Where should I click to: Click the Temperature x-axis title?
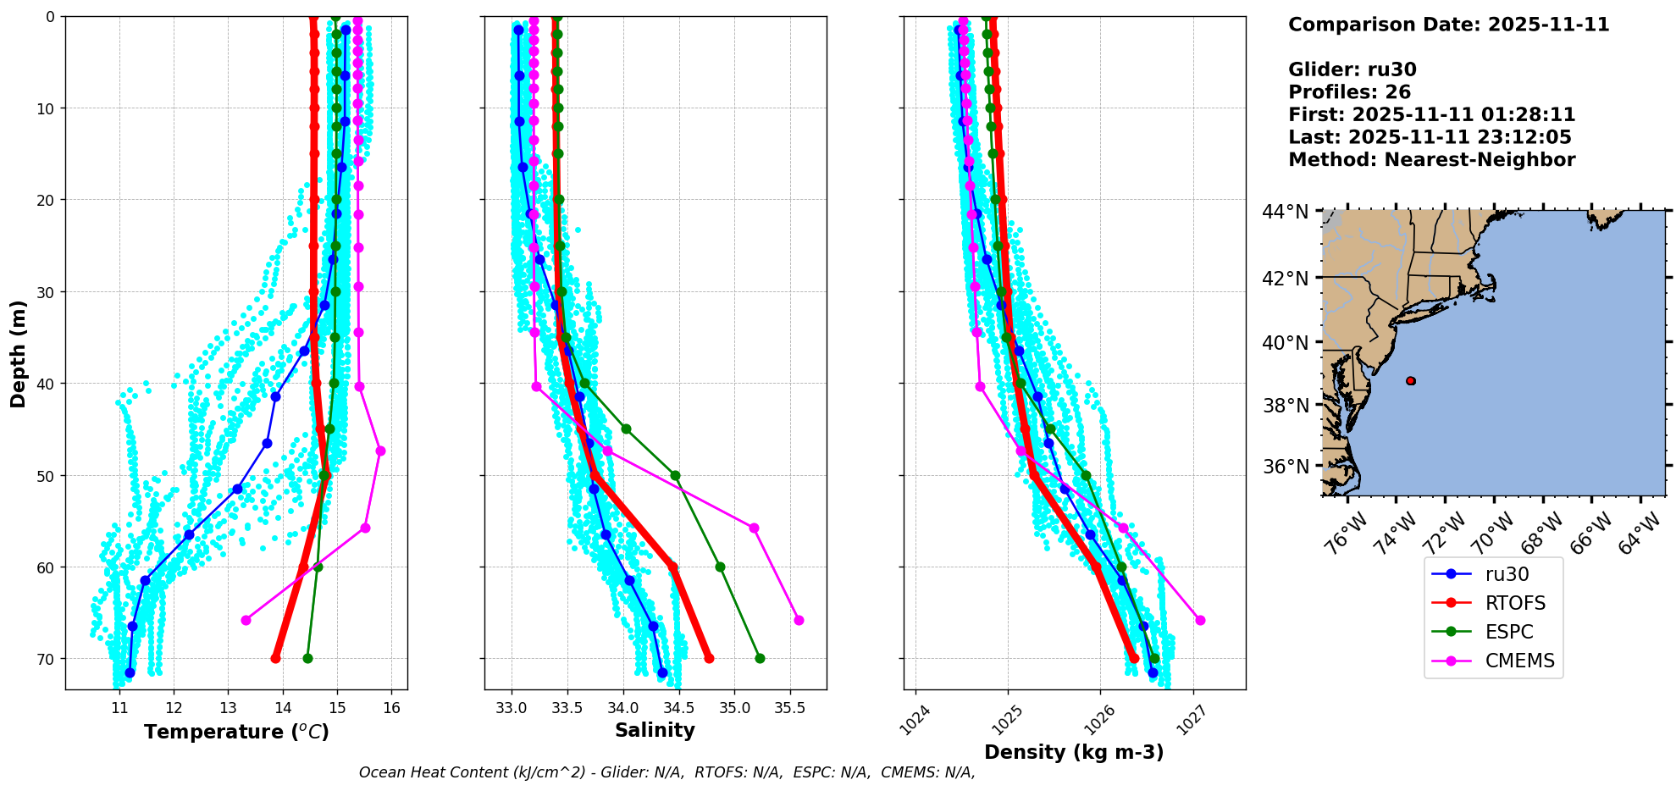pyautogui.click(x=236, y=732)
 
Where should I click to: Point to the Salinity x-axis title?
pyautogui.click(x=655, y=730)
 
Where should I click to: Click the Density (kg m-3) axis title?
pyautogui.click(x=1074, y=752)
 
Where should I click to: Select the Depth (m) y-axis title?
pyautogui.click(x=18, y=353)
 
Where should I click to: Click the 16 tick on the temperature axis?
pyautogui.click(x=391, y=708)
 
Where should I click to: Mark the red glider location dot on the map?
pyautogui.click(x=1410, y=381)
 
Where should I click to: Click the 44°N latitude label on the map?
pyautogui.click(x=1285, y=212)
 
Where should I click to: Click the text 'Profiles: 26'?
pyautogui.click(x=1349, y=92)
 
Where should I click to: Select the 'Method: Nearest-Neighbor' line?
pyautogui.click(x=1431, y=160)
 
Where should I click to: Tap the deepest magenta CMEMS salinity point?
pyautogui.click(x=799, y=620)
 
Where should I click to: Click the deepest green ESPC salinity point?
pyautogui.click(x=760, y=658)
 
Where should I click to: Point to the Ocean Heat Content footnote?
pyautogui.click(x=667, y=772)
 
